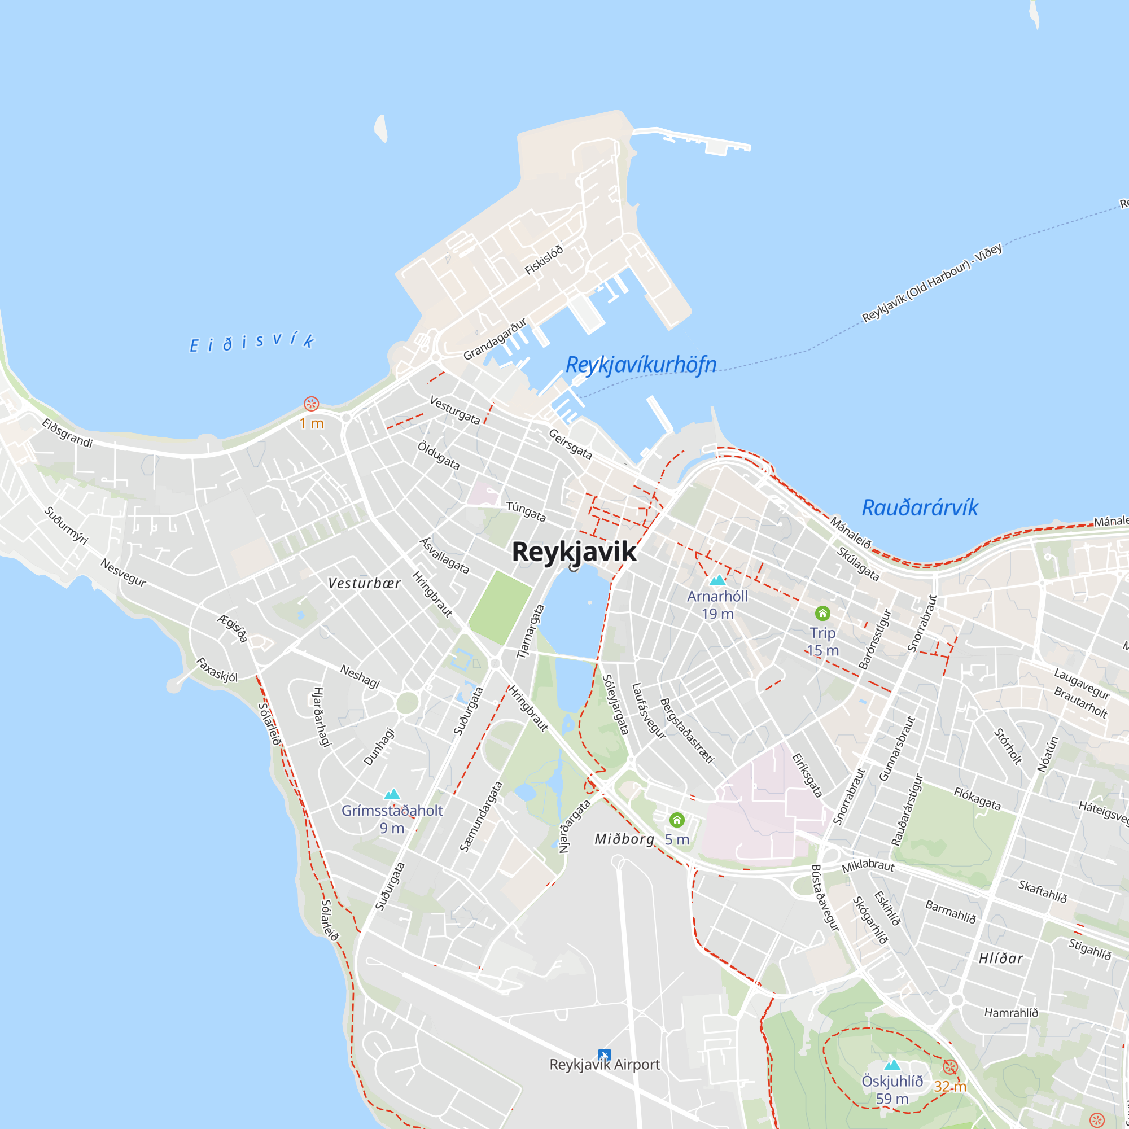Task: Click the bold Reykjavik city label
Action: point(574,552)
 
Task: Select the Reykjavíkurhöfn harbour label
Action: point(641,365)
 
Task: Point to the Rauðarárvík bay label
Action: point(919,508)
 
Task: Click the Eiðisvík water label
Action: point(252,343)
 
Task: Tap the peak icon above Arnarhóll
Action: point(717,580)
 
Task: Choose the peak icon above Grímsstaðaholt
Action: point(392,794)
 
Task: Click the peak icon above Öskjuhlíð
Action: point(892,1065)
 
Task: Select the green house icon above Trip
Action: point(822,613)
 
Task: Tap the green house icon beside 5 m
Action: point(677,820)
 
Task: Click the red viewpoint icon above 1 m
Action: point(312,404)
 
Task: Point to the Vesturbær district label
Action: point(364,583)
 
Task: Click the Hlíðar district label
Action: point(1001,959)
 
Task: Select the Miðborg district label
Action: point(624,839)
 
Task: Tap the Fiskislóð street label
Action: point(544,260)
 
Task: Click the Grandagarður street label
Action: point(495,339)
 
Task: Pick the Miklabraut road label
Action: point(868,865)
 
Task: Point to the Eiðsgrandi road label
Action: point(67,433)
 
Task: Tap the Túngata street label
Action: point(526,511)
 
